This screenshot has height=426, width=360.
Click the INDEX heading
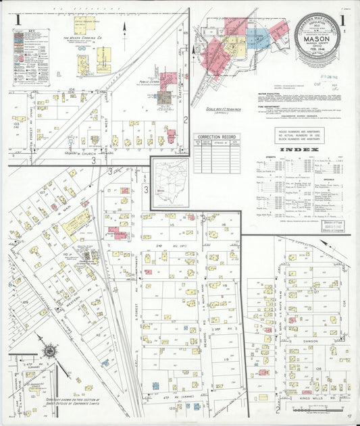[x=298, y=149]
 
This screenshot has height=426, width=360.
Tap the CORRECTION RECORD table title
[x=217, y=137]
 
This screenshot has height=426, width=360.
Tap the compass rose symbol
[x=50, y=351]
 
